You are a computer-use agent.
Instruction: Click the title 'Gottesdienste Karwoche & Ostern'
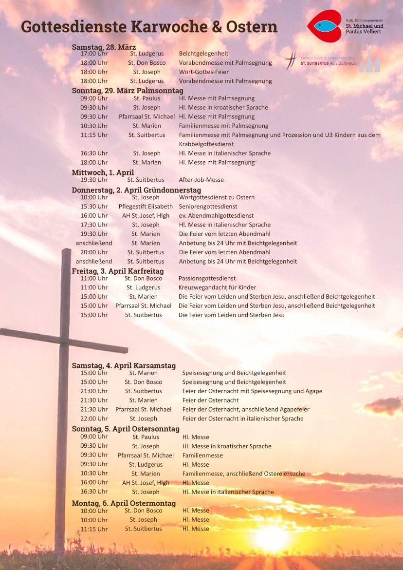click(149, 26)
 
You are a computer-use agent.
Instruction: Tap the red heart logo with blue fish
click(324, 26)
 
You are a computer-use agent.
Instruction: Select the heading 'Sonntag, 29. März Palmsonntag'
click(128, 91)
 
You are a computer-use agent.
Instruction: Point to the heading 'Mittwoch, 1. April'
click(103, 172)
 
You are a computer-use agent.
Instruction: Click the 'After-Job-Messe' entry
click(201, 180)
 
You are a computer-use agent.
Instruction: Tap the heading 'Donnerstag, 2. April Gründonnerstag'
click(136, 190)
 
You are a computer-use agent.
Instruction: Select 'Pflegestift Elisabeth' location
click(146, 207)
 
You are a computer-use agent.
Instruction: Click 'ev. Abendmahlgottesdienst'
click(216, 216)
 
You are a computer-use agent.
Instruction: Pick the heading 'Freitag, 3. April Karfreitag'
click(118, 271)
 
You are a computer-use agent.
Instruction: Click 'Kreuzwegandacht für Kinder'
click(217, 287)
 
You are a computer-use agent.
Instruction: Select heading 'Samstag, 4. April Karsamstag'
click(124, 365)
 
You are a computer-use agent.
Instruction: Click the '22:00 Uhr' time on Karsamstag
click(94, 418)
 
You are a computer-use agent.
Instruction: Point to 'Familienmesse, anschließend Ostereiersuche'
click(244, 474)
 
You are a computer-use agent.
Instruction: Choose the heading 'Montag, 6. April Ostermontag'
click(124, 503)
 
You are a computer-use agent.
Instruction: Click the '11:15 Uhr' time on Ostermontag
click(94, 529)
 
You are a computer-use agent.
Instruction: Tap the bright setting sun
click(272, 538)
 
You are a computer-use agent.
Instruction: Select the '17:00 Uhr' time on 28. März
click(94, 54)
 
